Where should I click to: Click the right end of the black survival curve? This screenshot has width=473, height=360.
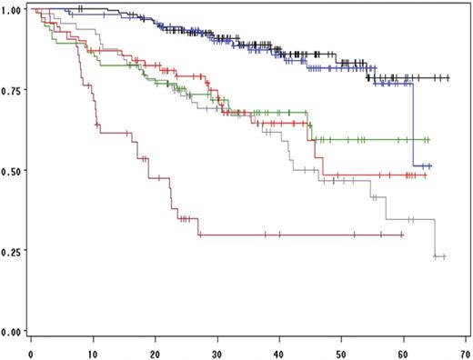[448, 78]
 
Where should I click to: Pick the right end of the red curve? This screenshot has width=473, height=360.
[426, 175]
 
